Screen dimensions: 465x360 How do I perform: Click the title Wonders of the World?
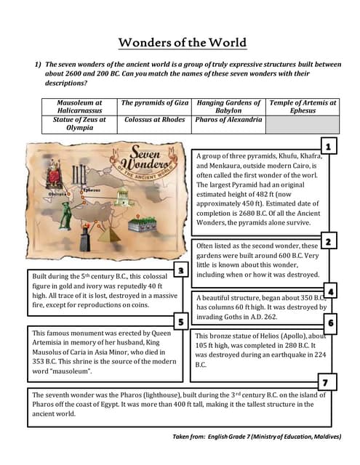pyautogui.click(x=183, y=42)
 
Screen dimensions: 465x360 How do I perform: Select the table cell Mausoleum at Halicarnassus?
pyautogui.click(x=79, y=107)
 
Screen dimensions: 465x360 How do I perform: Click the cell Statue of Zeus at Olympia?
pyautogui.click(x=79, y=124)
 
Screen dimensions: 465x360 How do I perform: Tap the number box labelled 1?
pyautogui.click(x=329, y=147)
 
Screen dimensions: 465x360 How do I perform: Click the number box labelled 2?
pyautogui.click(x=329, y=241)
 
